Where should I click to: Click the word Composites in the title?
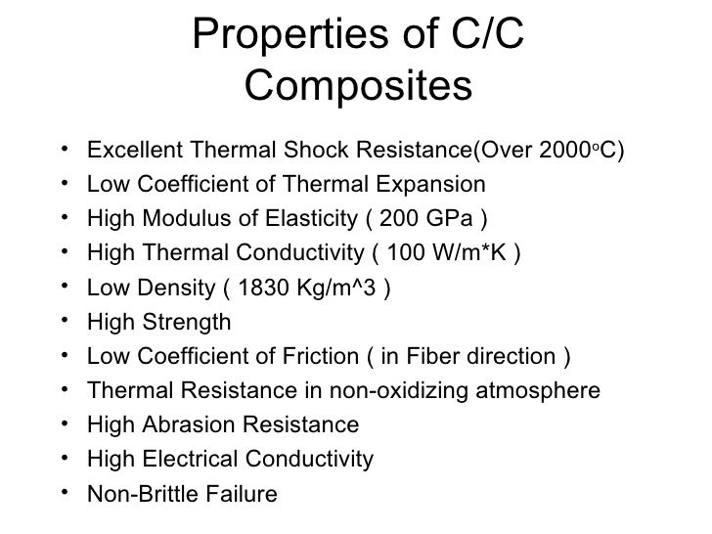pos(357,89)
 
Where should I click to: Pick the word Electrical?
pos(188,459)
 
